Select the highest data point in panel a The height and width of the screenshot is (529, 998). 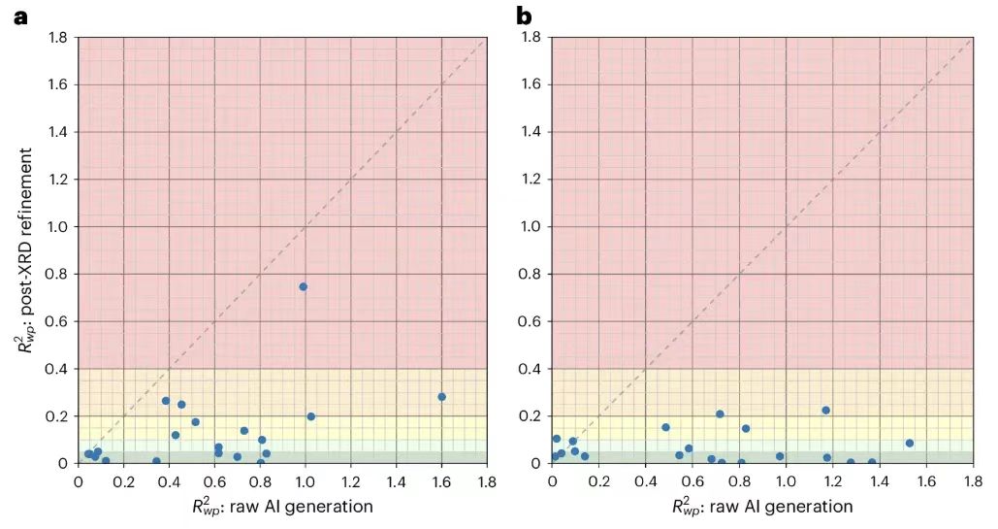(304, 286)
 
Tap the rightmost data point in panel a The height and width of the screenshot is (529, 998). (441, 397)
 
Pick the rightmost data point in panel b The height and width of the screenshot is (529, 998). (910, 444)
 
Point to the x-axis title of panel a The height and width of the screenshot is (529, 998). (281, 506)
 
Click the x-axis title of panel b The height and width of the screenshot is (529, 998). (762, 506)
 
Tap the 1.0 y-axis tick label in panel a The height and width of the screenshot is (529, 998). (57, 227)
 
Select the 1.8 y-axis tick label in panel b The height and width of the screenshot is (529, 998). (531, 38)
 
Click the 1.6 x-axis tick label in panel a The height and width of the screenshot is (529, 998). (441, 479)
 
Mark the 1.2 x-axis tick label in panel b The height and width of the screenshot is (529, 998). (832, 479)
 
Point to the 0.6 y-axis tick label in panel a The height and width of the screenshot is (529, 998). (57, 321)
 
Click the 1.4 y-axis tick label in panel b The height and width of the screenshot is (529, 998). (531, 132)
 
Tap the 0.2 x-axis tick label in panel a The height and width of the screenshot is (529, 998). (124, 479)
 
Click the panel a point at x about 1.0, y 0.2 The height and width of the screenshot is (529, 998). (311, 416)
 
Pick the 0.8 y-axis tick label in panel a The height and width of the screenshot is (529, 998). (57, 275)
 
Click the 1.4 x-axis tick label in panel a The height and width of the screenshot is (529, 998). (396, 479)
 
